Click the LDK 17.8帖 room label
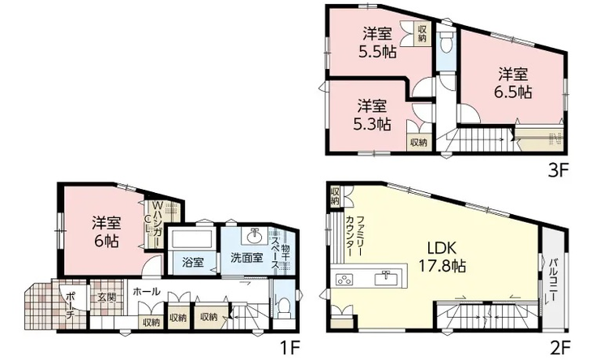tap(443, 256)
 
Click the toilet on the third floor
tap(446, 42)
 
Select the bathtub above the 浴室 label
tap(191, 239)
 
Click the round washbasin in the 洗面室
tap(255, 237)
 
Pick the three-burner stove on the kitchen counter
tap(344, 279)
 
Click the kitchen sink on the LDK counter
tap(387, 278)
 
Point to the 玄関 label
tap(106, 297)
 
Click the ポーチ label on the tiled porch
tap(71, 305)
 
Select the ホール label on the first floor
tap(147, 292)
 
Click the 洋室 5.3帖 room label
tap(372, 115)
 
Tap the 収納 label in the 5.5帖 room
tap(422, 33)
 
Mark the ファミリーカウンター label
tap(354, 237)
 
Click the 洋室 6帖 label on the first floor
tap(106, 232)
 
